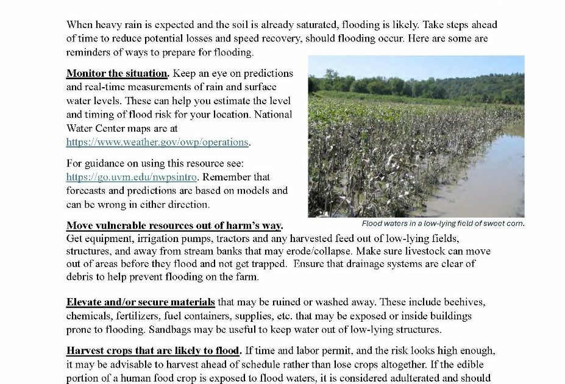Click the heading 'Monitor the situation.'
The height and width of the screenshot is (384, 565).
(x=117, y=73)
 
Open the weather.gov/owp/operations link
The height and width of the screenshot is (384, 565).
(x=157, y=142)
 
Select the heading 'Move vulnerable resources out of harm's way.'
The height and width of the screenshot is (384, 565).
(x=174, y=226)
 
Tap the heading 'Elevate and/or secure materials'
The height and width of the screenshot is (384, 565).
(x=140, y=302)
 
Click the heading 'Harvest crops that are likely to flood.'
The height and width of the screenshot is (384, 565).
(x=154, y=351)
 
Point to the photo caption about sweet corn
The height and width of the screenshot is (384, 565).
(x=442, y=223)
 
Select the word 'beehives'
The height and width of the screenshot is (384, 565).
(x=464, y=302)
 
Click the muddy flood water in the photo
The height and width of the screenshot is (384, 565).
(x=481, y=183)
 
